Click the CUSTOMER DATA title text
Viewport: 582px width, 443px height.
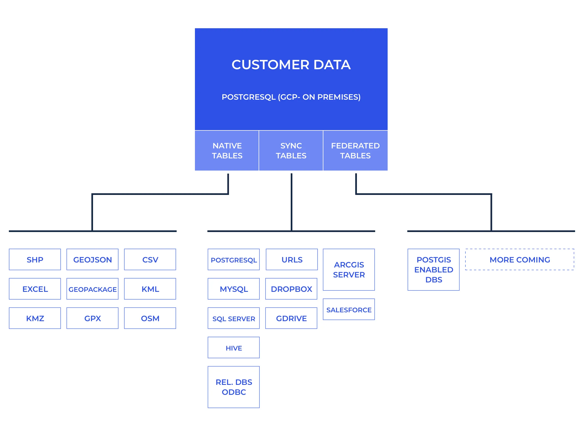[x=291, y=65]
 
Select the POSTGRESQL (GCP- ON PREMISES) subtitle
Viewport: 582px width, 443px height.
[x=291, y=97]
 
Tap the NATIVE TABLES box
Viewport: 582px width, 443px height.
[x=227, y=151]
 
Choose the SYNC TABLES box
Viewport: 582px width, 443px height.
[x=291, y=151]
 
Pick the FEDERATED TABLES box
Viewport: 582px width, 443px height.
[x=355, y=151]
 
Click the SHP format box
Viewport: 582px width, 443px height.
[x=35, y=260]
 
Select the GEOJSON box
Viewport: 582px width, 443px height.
[x=92, y=260]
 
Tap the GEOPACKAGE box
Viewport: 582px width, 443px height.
[x=92, y=289]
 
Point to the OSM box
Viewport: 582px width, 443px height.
[x=150, y=318]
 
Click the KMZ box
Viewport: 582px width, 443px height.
[x=35, y=318]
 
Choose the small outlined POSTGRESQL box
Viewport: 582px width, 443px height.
[x=234, y=260]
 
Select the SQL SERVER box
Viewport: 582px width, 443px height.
[x=234, y=318]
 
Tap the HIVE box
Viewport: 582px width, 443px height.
[x=234, y=348]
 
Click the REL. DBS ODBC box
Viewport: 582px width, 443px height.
[x=234, y=387]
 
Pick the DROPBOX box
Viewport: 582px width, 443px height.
[x=291, y=289]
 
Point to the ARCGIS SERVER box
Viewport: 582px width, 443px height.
[x=349, y=270]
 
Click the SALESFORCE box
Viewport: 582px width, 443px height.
[x=349, y=310]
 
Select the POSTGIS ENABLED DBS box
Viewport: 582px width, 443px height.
[x=434, y=270]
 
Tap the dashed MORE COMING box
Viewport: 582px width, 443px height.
[x=520, y=260]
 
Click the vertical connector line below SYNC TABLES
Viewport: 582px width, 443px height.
[x=292, y=202]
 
